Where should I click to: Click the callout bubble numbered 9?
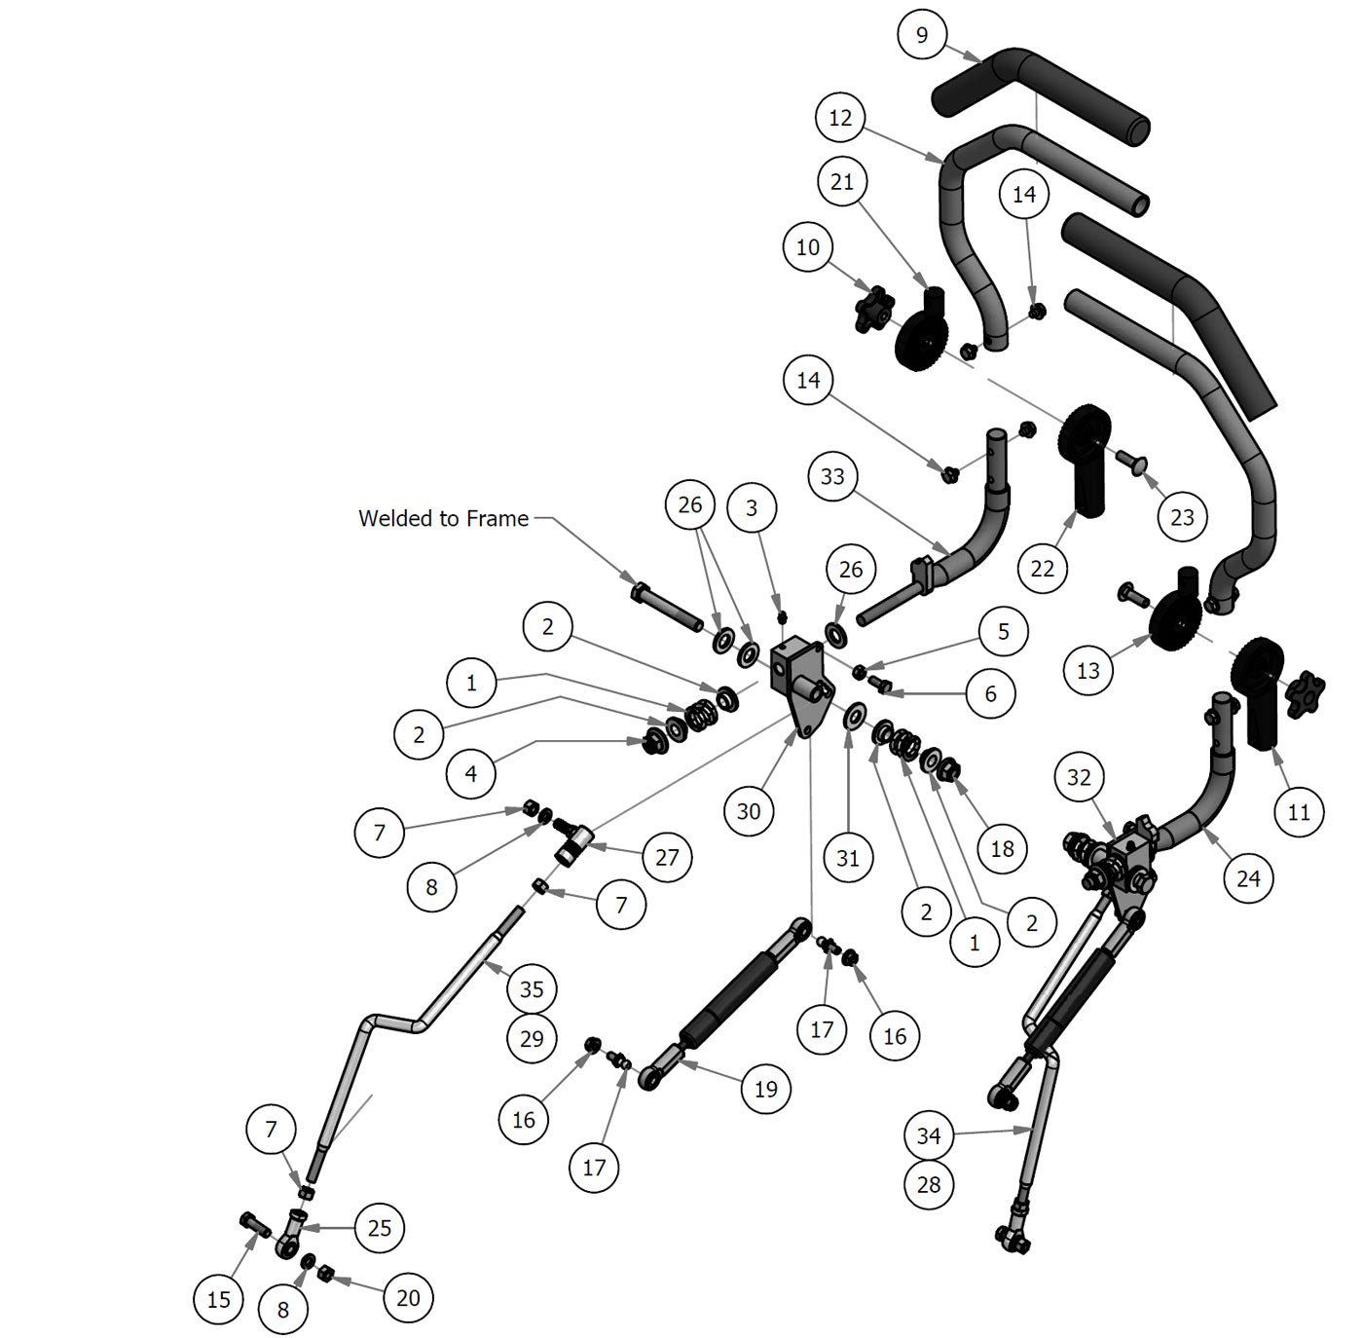pyautogui.click(x=922, y=35)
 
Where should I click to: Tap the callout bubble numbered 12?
pyautogui.click(x=840, y=118)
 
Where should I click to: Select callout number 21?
pyautogui.click(x=842, y=182)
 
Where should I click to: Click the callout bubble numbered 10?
pyautogui.click(x=808, y=247)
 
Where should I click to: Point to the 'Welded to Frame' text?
pyautogui.click(x=443, y=518)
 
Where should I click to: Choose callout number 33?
pyautogui.click(x=832, y=476)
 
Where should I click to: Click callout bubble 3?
pyautogui.click(x=752, y=507)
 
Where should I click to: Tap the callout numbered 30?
pyautogui.click(x=749, y=811)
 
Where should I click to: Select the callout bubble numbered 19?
pyautogui.click(x=766, y=1089)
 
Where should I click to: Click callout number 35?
pyautogui.click(x=532, y=989)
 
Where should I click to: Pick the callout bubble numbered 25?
pyautogui.click(x=380, y=1228)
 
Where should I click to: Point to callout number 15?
pyautogui.click(x=219, y=1299)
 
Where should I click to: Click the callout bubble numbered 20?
pyautogui.click(x=408, y=1298)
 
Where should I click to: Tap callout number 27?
pyautogui.click(x=667, y=857)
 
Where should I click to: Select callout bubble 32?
pyautogui.click(x=1079, y=777)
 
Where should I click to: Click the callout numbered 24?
pyautogui.click(x=1248, y=878)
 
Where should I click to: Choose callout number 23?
pyautogui.click(x=1182, y=517)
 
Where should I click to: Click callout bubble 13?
pyautogui.click(x=1088, y=670)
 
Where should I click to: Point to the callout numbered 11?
pyautogui.click(x=1299, y=812)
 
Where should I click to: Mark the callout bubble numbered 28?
pyautogui.click(x=929, y=1184)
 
